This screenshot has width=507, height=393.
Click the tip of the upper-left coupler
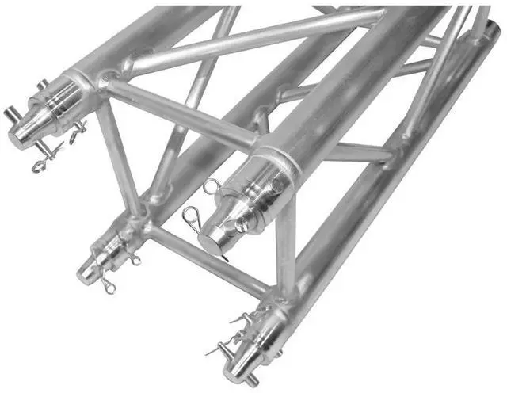click(x=19, y=136)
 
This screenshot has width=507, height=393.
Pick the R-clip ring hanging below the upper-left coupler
click(x=44, y=166)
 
